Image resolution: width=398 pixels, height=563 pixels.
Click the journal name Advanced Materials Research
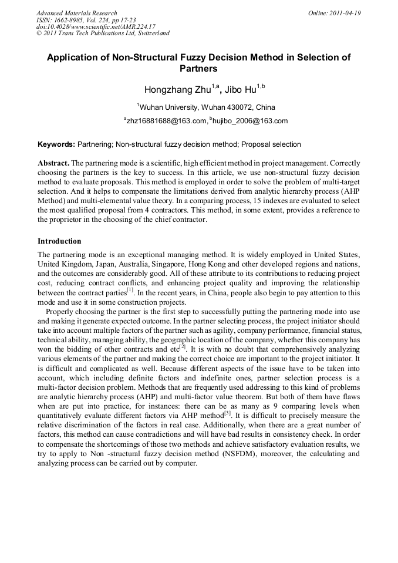tap(76, 13)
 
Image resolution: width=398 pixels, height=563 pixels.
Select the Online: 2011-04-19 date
tap(335, 13)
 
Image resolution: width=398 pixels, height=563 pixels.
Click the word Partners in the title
tap(198, 69)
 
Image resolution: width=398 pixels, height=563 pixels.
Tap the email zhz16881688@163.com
tap(166, 121)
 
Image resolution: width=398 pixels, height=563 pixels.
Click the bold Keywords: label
tap(56, 144)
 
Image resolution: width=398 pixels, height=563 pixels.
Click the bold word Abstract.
tap(53, 163)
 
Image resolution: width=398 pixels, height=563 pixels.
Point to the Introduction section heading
tap(59, 241)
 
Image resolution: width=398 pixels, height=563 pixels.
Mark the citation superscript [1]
tap(131, 289)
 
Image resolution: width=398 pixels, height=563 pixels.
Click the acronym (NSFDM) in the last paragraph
tap(271, 453)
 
